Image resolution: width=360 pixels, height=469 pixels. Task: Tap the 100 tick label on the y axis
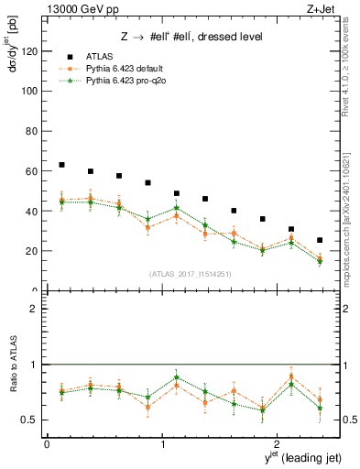click(x=29, y=92)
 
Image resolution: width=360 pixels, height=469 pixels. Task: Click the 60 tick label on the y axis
click(x=32, y=171)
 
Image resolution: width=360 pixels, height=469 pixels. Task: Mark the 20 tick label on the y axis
click(x=32, y=251)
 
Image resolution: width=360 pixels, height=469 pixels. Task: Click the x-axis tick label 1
click(x=162, y=444)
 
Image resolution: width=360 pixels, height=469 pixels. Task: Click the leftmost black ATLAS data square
click(x=61, y=165)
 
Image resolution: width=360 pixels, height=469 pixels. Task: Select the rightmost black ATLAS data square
click(x=319, y=240)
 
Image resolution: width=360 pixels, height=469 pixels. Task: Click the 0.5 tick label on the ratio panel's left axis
click(x=29, y=420)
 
